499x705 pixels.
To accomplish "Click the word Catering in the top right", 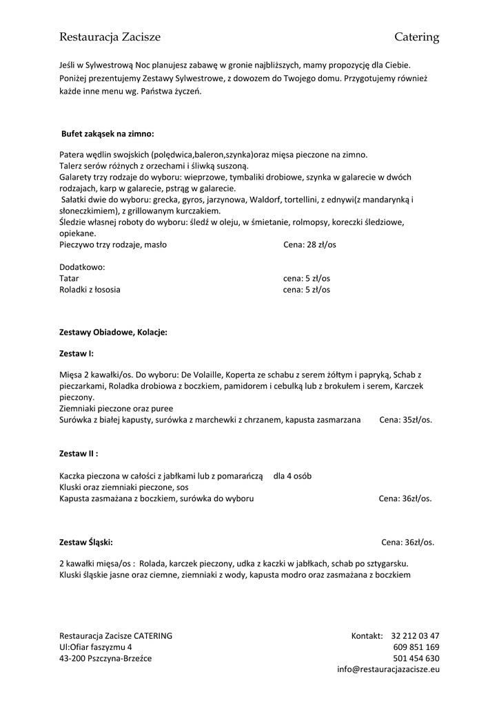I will coord(416,36).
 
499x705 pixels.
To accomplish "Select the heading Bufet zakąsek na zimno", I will coord(108,134).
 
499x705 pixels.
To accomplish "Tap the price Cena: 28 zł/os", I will coord(309,244).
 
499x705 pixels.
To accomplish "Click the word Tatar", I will coord(69,278).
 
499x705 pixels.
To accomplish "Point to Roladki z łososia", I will coord(90,290).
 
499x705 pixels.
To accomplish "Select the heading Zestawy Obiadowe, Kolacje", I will coord(113,332).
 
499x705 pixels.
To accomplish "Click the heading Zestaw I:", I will coord(77,353).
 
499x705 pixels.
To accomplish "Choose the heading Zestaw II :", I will coord(79,454).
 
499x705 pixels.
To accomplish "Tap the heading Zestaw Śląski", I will coord(86,542).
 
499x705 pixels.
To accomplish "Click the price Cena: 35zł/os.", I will coord(406,419).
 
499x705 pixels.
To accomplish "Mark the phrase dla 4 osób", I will coord(292,476).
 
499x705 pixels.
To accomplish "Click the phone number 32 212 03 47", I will coord(415,635).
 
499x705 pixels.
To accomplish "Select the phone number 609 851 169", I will coord(416,647).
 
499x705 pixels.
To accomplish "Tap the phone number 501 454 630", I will coord(416,658).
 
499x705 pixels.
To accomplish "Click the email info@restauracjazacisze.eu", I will coord(388,669).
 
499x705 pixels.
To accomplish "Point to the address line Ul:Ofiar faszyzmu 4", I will coord(95,647).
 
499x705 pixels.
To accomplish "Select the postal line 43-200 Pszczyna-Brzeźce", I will coord(105,658).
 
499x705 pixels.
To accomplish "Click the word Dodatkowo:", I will coord(81,267).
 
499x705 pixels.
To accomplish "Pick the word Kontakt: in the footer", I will coord(367,635).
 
